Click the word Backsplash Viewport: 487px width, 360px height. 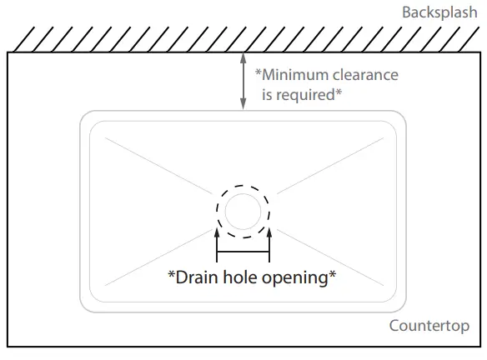click(x=439, y=12)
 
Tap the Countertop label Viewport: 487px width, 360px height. click(x=429, y=326)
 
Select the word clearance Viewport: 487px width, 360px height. click(x=365, y=75)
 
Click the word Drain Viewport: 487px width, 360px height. click(x=197, y=277)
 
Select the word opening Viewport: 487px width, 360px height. click(x=295, y=278)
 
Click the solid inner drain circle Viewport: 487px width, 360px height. click(x=243, y=194)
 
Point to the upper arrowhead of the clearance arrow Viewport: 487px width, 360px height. click(x=243, y=58)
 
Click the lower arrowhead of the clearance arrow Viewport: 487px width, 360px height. click(x=243, y=104)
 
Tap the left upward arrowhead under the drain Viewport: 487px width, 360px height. click(x=217, y=233)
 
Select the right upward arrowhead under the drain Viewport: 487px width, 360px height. click(x=269, y=233)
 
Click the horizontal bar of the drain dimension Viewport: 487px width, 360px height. click(x=243, y=252)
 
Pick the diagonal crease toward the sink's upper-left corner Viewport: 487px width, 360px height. click(x=159, y=166)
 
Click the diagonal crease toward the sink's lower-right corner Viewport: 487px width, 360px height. click(x=330, y=257)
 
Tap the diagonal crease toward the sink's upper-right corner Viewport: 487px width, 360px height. click(x=330, y=166)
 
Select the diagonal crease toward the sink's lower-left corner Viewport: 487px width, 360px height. click(x=159, y=257)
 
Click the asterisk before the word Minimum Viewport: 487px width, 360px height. click(x=259, y=72)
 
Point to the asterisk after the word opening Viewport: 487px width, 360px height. click(x=333, y=274)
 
